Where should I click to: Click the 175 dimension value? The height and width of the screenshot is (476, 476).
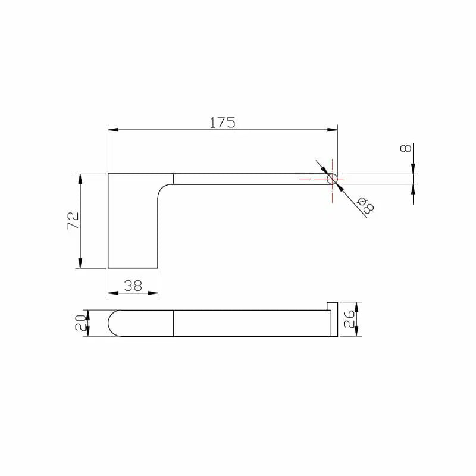pos(223,123)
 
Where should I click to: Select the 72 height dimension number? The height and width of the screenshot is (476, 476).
pos(73,221)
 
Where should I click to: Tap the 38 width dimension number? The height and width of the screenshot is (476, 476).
pos(133,286)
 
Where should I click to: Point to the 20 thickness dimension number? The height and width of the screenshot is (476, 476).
pos(80,323)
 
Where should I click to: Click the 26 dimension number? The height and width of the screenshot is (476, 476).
pos(350,320)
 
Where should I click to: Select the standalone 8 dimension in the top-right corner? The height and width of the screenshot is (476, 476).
pos(406,148)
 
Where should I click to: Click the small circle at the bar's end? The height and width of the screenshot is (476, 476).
pos(332,178)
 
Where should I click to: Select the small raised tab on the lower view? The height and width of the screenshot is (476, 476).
pos(331,306)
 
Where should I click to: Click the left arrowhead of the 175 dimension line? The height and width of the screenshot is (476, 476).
pos(111,129)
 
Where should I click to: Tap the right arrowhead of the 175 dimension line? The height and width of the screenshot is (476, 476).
pos(334,129)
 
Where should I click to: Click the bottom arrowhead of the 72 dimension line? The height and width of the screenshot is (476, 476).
pos(79,265)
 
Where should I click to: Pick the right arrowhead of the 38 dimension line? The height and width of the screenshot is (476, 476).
pos(155,293)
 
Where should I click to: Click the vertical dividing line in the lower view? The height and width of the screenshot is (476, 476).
pos(173,323)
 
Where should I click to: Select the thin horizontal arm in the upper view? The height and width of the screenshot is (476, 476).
pos(250,179)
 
